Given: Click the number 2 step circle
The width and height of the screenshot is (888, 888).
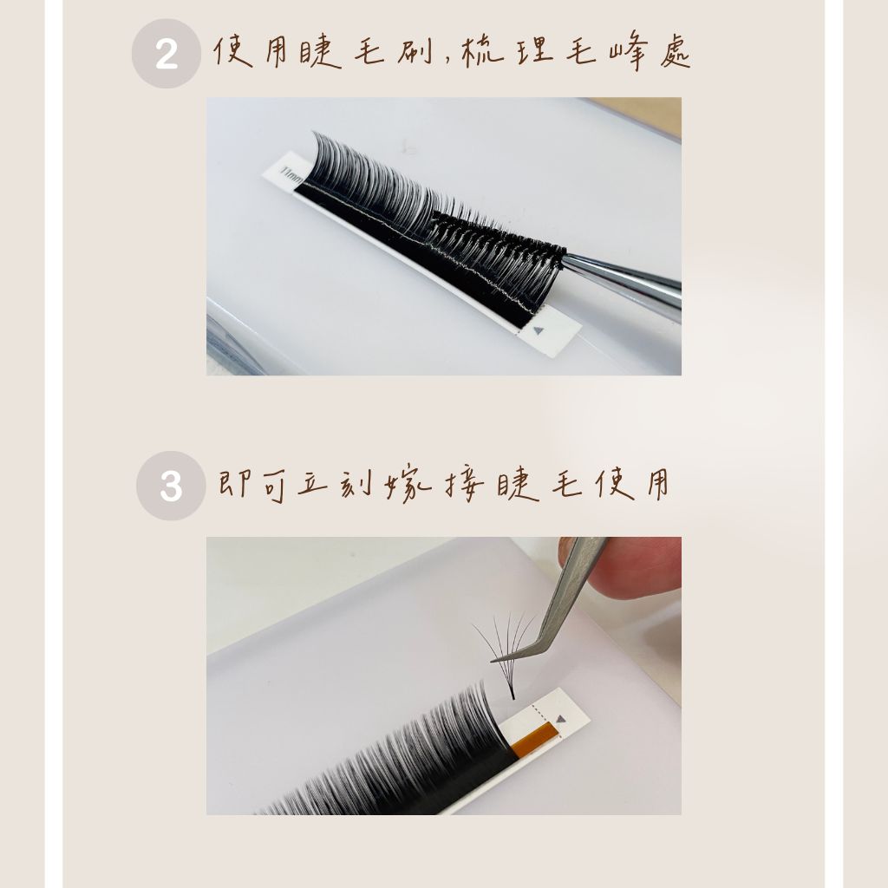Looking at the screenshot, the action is click(166, 53).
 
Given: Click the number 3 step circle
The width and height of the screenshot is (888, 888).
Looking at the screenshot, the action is click(171, 486).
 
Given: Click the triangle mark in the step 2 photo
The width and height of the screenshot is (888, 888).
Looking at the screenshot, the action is click(538, 330).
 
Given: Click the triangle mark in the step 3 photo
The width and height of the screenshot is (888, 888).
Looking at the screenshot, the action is click(561, 719).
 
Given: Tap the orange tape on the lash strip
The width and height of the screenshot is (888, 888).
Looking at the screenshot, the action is click(534, 740).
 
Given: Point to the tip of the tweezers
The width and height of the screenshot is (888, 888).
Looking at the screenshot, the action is click(493, 660).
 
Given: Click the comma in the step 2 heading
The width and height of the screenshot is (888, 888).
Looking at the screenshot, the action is click(447, 60).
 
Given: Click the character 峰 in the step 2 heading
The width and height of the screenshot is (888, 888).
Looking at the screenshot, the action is click(629, 52).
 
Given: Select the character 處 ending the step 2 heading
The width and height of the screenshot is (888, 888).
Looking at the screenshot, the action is click(675, 52).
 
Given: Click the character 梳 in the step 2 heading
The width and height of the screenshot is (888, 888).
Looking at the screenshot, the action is click(482, 52).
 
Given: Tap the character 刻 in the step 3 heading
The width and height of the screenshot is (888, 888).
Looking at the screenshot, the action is click(356, 484).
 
